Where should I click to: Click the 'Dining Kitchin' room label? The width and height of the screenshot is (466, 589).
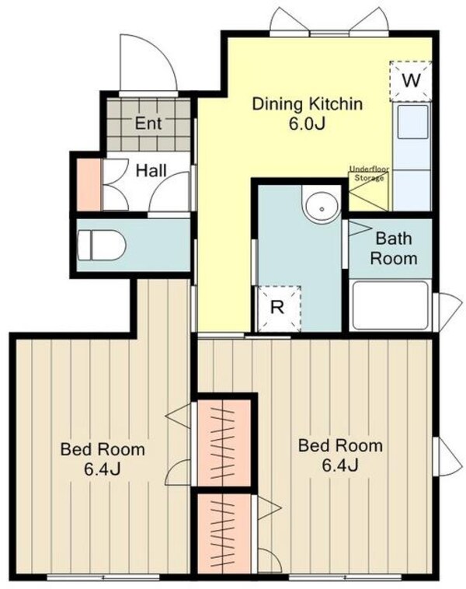[307, 104]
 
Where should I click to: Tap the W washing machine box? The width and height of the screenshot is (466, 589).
[410, 81]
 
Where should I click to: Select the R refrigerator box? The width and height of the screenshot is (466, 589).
[278, 308]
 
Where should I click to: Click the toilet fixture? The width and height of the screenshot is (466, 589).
[101, 246]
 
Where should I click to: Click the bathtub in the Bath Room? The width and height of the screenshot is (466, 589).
[391, 305]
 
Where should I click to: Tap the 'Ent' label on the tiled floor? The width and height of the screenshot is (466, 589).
[148, 124]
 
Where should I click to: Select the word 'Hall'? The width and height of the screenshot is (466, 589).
[151, 171]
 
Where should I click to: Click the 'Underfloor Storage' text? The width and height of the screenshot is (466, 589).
[369, 173]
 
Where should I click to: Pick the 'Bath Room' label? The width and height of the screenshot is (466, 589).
[393, 249]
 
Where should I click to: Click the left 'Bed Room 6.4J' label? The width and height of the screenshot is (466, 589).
[103, 459]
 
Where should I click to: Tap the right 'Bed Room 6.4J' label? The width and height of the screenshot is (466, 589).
[340, 455]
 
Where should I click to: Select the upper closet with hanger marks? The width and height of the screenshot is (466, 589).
[224, 443]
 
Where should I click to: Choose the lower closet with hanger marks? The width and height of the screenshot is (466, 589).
[224, 533]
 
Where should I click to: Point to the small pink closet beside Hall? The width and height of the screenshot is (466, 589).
[89, 184]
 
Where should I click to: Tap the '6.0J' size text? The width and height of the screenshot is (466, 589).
[307, 124]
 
